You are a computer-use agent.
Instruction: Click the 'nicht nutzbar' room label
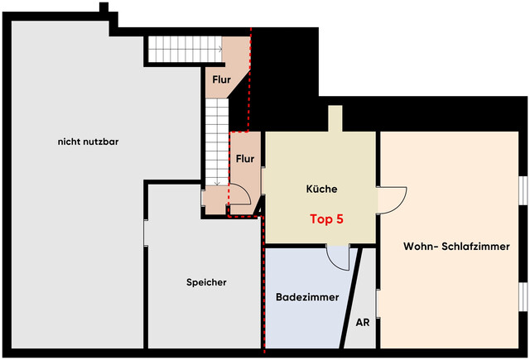tap(89, 142)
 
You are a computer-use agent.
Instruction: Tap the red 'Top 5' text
tap(326, 220)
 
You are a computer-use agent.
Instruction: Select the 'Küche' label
tap(321, 189)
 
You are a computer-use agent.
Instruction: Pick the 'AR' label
tap(362, 323)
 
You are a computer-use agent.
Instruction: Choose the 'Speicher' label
tap(206, 282)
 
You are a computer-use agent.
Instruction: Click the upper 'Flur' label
tap(221, 80)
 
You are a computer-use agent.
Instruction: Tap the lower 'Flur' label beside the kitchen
tap(245, 158)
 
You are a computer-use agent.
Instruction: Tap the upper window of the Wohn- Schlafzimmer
tap(523, 190)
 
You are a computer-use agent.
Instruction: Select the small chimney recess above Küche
tap(336, 119)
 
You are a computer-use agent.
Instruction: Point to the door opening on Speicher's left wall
tap(147, 232)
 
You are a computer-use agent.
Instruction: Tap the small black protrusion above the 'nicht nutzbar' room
tap(104, 8)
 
